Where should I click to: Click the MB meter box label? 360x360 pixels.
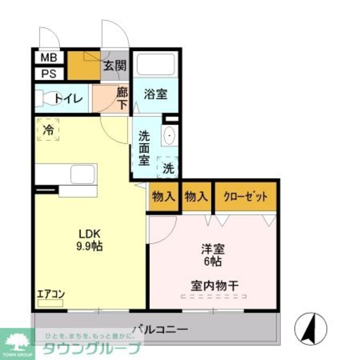pyautogui.click(x=49, y=57)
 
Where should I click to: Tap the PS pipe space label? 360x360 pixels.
pyautogui.click(x=49, y=74)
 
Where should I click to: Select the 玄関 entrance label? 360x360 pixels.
pyautogui.click(x=115, y=66)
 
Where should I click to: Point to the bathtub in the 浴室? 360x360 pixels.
pyautogui.click(x=156, y=64)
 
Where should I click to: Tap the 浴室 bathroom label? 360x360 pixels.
pyautogui.click(x=156, y=94)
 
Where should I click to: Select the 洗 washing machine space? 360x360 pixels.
pyautogui.click(x=168, y=168)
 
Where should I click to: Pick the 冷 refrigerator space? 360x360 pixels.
pyautogui.click(x=48, y=130)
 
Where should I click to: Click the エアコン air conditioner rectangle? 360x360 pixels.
pyautogui.click(x=50, y=303)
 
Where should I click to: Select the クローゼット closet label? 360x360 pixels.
pyautogui.click(x=246, y=197)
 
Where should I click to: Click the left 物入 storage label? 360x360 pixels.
pyautogui.click(x=164, y=197)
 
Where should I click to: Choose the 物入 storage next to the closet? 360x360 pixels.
pyautogui.click(x=196, y=197)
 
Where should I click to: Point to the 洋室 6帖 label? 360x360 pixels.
pyautogui.click(x=213, y=255)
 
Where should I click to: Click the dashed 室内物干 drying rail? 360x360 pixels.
pyautogui.click(x=214, y=297)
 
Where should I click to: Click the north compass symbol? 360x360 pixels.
pyautogui.click(x=311, y=329)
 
